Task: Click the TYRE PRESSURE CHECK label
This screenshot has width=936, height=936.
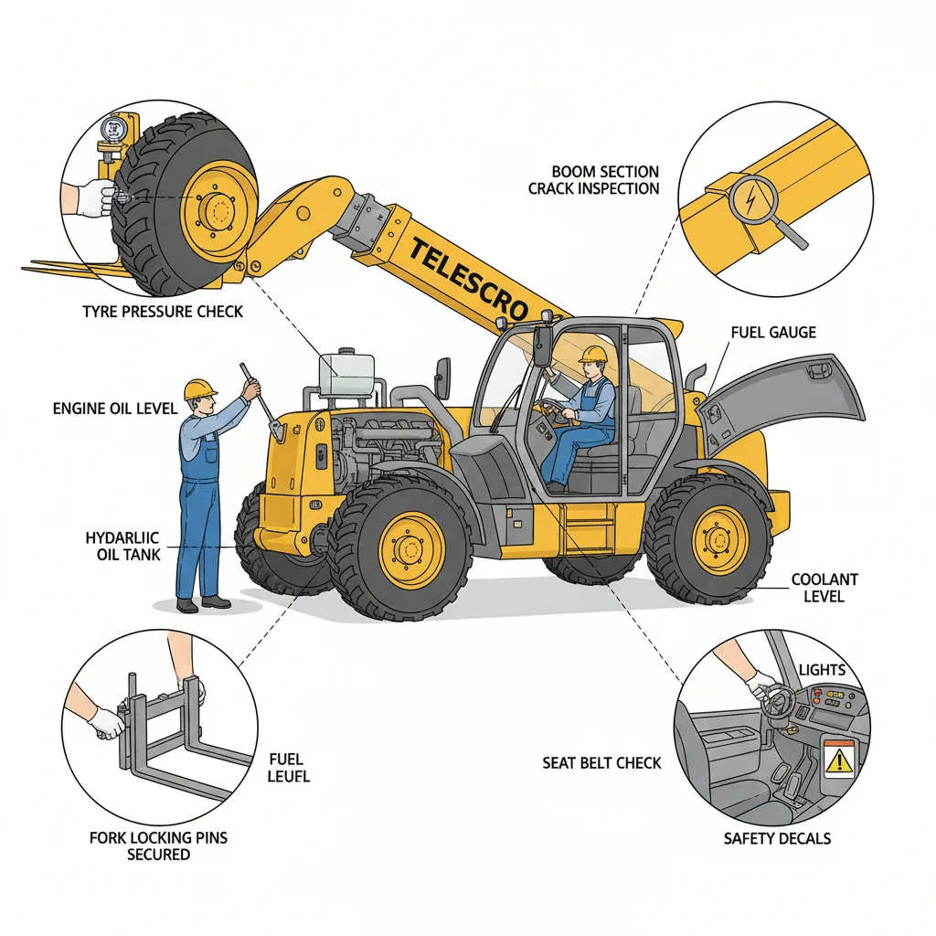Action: click(163, 312)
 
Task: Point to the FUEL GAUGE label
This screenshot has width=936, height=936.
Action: click(773, 334)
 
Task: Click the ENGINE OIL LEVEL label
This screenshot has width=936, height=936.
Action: click(115, 409)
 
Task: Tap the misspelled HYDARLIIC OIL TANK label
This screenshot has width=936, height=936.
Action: click(122, 547)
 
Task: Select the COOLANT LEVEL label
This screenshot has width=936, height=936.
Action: click(824, 588)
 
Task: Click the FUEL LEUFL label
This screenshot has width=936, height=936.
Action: click(290, 768)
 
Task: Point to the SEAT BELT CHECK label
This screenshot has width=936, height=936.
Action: click(601, 762)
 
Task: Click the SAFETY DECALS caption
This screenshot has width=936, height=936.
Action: click(777, 838)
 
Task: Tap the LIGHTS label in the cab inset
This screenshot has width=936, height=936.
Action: click(823, 670)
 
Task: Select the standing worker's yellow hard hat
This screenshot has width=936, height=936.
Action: click(198, 389)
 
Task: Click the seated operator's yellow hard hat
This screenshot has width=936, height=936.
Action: click(594, 354)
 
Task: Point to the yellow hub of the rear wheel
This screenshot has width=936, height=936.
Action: click(720, 539)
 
